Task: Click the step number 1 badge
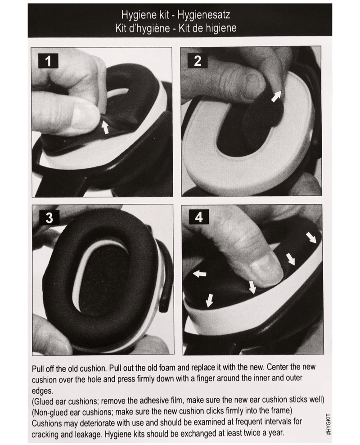[48, 61]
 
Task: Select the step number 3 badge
[49, 217]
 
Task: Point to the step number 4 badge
[199, 217]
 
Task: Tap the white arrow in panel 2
[277, 96]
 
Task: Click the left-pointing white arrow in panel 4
[200, 274]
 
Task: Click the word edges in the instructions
[42, 391]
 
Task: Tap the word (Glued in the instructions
[43, 401]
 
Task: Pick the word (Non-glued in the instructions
[52, 412]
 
